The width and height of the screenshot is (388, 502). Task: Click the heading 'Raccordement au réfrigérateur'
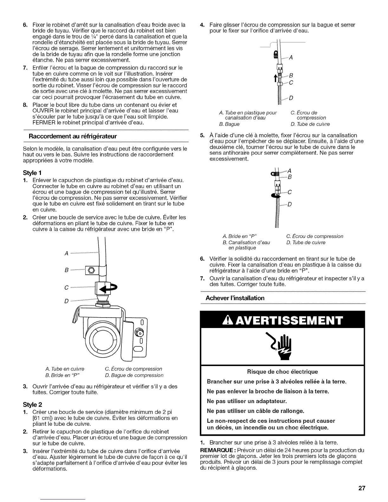click(73, 136)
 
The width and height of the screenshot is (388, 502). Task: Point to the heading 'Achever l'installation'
click(235, 298)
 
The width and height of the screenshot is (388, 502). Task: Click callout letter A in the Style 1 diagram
click(67, 253)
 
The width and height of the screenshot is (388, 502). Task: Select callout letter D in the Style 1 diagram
click(67, 301)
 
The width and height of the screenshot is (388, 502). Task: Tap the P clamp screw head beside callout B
click(91, 270)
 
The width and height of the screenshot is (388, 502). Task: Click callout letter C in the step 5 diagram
click(289, 192)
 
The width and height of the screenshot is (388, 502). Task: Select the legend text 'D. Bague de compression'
click(134, 375)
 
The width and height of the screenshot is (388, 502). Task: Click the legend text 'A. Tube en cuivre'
click(65, 369)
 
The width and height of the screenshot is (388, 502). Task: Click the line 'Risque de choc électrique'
click(282, 371)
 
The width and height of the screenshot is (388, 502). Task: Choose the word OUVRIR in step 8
click(42, 111)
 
